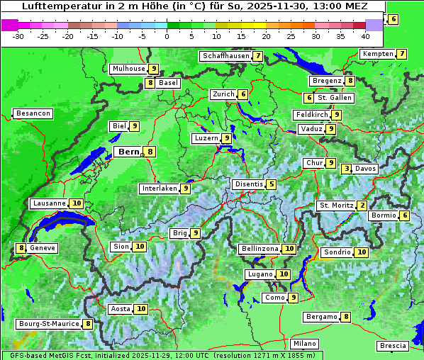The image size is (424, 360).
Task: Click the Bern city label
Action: tap(128, 152)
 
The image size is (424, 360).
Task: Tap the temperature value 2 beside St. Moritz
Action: tap(362, 206)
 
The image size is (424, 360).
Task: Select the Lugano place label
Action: tap(260, 274)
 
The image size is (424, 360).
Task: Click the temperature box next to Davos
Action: tap(346, 169)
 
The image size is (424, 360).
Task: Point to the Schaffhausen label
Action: tap(225, 56)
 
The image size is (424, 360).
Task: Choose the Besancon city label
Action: tap(33, 113)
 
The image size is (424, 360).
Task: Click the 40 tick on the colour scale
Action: tap(365, 36)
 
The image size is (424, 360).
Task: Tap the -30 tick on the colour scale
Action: tap(18, 36)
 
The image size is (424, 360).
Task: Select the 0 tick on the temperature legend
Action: tap(167, 36)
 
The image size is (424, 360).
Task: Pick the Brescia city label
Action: tap(394, 346)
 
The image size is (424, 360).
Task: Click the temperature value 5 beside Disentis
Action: tap(272, 184)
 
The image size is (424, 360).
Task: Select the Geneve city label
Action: tap(42, 248)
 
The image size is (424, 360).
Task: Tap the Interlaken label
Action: tap(160, 189)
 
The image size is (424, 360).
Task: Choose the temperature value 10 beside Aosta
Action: tap(141, 309)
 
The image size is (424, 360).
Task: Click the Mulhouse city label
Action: tap(128, 69)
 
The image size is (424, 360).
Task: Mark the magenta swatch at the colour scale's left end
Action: tap(9, 25)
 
